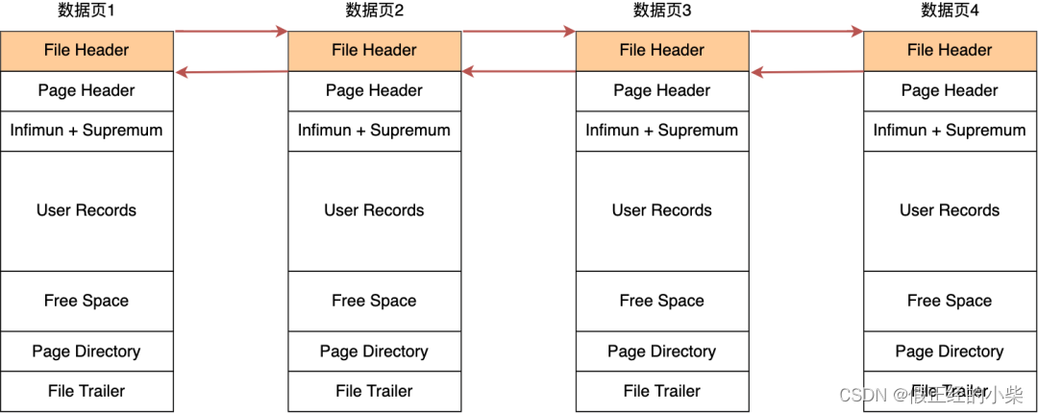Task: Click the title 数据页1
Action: pyautogui.click(x=86, y=11)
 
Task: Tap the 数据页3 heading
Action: pyautogui.click(x=662, y=11)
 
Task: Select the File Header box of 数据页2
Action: pyautogui.click(x=374, y=51)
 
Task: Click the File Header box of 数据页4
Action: pyautogui.click(x=950, y=51)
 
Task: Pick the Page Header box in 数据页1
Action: pyautogui.click(x=86, y=91)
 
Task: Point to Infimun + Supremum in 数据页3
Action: pyautogui.click(x=662, y=131)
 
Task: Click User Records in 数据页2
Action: pyautogui.click(x=374, y=210)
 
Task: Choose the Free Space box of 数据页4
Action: pyautogui.click(x=950, y=301)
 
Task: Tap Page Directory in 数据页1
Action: pyautogui.click(x=86, y=352)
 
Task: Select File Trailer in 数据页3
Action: pyautogui.click(x=662, y=391)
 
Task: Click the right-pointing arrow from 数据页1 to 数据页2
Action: pyautogui.click(x=231, y=32)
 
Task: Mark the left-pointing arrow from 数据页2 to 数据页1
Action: pyautogui.click(x=231, y=71)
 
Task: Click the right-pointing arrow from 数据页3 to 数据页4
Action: pyautogui.click(x=806, y=32)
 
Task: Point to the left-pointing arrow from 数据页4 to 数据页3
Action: pyautogui.click(x=806, y=71)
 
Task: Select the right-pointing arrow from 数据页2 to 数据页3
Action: pyautogui.click(x=519, y=32)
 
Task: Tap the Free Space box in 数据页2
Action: pyautogui.click(x=374, y=301)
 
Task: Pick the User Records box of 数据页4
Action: pyautogui.click(x=950, y=210)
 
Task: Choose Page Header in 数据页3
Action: pyautogui.click(x=662, y=91)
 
